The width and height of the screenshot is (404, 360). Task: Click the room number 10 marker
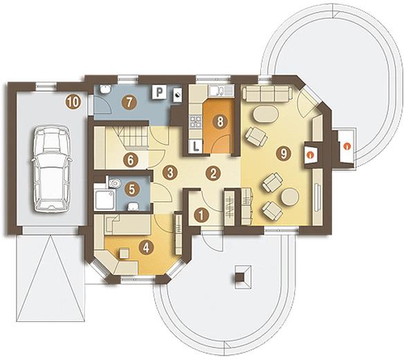(x=73, y=102)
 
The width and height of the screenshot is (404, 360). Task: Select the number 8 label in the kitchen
(x=220, y=121)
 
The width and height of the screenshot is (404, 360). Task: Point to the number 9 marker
(x=284, y=154)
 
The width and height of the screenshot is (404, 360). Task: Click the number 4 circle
(x=146, y=248)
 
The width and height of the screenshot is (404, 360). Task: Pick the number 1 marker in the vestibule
(x=202, y=215)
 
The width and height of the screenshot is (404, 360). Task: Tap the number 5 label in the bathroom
(x=131, y=189)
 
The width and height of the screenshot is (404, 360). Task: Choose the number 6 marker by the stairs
(x=130, y=161)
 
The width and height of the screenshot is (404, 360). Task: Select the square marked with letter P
(x=160, y=92)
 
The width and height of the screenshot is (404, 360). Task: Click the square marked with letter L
(x=196, y=147)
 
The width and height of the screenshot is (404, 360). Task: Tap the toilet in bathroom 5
(x=114, y=183)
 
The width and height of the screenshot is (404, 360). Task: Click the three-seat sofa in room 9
(x=267, y=94)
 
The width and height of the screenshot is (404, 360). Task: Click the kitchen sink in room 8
(x=221, y=91)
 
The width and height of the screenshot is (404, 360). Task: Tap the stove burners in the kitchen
(x=195, y=122)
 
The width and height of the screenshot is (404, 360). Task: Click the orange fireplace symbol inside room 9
(x=311, y=154)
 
